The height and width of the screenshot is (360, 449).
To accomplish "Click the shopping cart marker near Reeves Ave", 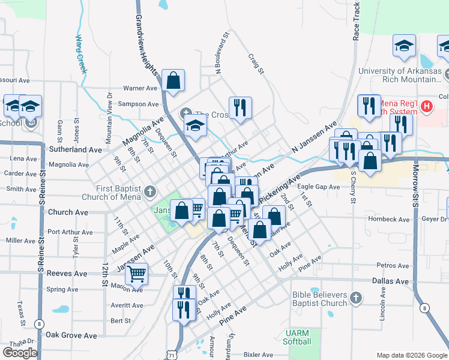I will click(137, 274).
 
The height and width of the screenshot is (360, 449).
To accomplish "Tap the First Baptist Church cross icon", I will click(149, 193).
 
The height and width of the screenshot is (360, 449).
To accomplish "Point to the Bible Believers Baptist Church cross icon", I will click(356, 298).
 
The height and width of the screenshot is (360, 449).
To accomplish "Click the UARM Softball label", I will click(298, 337).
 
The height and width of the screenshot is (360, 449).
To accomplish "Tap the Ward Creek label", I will click(81, 53).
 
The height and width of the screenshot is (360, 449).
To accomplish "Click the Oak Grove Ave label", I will click(71, 335).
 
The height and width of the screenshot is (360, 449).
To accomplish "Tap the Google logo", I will click(20, 352).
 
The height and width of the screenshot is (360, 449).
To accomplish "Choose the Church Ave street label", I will click(68, 212).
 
